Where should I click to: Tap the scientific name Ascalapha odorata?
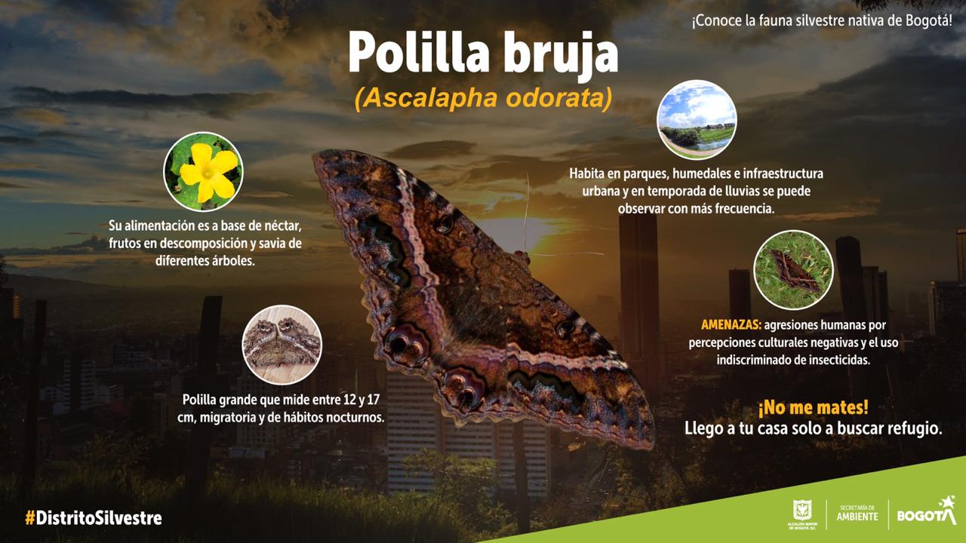tap(483, 100)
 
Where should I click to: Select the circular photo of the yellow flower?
tap(203, 171)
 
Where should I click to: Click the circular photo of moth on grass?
tap(793, 269)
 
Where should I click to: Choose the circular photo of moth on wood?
tap(281, 345)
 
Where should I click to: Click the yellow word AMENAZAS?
tap(731, 326)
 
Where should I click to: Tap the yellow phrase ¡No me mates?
tap(813, 408)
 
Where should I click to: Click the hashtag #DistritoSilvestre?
tap(93, 518)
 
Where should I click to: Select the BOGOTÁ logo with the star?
tap(925, 514)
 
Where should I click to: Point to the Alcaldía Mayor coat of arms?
tap(801, 509)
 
